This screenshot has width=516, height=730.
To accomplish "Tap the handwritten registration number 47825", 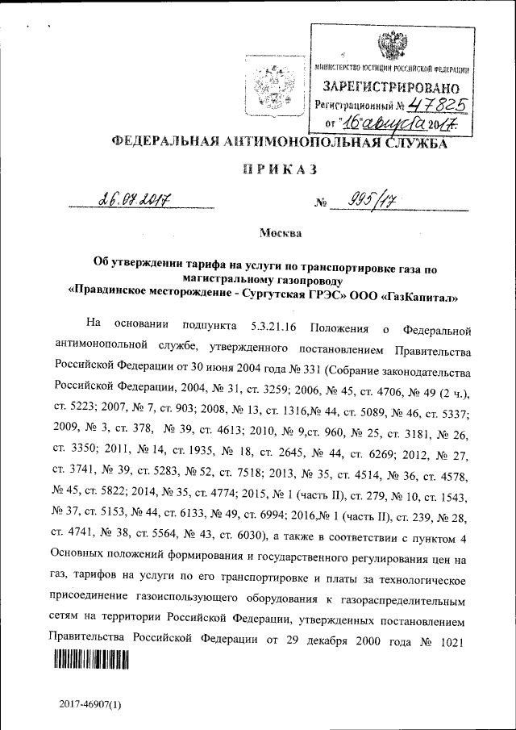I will tap(437, 104).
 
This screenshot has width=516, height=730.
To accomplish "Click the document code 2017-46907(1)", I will tap(89, 704).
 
